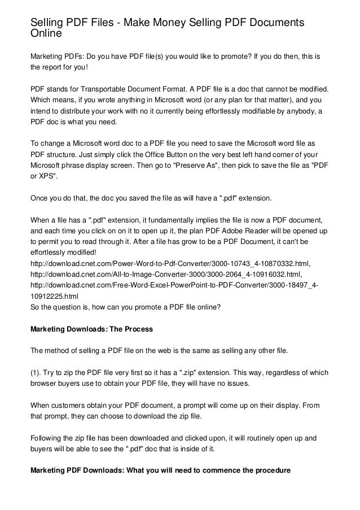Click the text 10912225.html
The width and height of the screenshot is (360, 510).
(x=54, y=295)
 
